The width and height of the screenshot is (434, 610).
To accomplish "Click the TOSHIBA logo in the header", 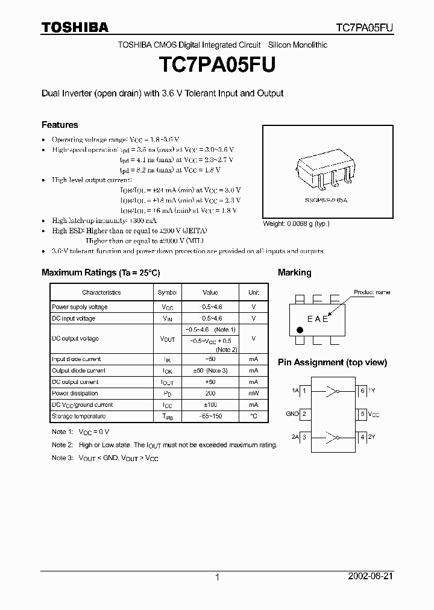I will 75,27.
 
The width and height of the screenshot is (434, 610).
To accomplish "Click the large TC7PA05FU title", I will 217,65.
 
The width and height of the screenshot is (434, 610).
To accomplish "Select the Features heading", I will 60,125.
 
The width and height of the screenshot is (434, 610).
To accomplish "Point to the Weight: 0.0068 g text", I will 296,224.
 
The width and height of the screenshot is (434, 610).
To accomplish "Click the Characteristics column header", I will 101,292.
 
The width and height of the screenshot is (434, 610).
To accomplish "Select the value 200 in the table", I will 210,394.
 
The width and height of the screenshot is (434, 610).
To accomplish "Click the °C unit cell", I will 253,417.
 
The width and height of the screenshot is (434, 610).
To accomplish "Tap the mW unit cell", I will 253,394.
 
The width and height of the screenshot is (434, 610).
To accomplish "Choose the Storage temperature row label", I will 79,417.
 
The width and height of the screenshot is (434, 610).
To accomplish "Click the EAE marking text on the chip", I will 318,319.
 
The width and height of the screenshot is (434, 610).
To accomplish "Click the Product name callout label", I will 372,292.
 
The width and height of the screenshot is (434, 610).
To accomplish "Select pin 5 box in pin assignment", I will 362,414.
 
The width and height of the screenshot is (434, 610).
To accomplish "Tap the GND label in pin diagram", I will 292,414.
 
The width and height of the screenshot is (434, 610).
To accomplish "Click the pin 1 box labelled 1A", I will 304,391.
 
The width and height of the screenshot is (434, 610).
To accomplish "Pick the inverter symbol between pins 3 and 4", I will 332,436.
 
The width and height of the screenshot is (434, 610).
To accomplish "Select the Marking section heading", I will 294,272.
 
